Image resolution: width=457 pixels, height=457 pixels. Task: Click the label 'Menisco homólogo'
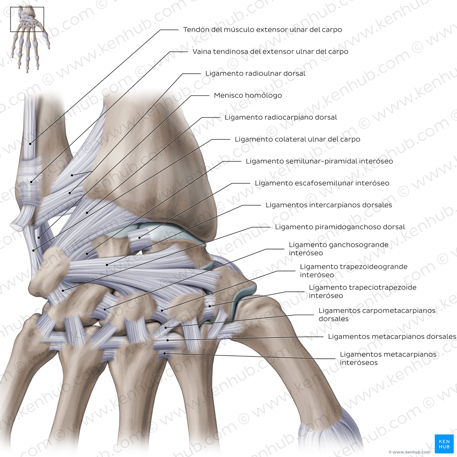pyautogui.click(x=247, y=95)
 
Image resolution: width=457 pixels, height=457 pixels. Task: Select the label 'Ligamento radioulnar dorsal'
pyautogui.click(x=255, y=73)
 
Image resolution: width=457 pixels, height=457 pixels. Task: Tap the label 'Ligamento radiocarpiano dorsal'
pyautogui.click(x=280, y=118)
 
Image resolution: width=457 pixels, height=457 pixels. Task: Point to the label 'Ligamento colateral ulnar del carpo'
pyautogui.click(x=297, y=139)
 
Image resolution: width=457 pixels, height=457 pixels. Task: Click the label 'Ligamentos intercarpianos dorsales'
pyautogui.click(x=329, y=205)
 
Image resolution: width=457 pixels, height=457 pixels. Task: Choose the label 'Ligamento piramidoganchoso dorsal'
pyautogui.click(x=340, y=227)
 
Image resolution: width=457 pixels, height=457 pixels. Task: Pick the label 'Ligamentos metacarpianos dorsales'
pyautogui.click(x=392, y=337)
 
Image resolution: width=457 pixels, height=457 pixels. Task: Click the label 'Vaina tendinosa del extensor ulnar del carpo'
pyautogui.click(x=270, y=52)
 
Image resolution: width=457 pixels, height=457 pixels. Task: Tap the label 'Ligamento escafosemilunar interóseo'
pyautogui.click(x=322, y=183)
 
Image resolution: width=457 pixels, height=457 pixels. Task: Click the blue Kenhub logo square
pyautogui.click(x=444, y=444)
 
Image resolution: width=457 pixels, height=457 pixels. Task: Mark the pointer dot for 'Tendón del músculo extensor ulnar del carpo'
pyautogui.click(x=30, y=144)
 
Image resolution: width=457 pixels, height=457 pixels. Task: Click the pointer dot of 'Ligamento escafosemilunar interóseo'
pyautogui.click(x=139, y=238)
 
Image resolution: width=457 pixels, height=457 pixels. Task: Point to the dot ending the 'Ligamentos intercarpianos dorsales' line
pyautogui.click(x=107, y=265)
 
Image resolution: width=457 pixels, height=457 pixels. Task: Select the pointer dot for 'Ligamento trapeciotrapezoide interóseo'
pyautogui.click(x=210, y=306)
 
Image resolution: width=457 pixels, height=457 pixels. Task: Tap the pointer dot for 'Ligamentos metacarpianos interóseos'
pyautogui.click(x=165, y=354)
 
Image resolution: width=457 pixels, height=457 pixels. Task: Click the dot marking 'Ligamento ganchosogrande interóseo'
pyautogui.click(x=104, y=309)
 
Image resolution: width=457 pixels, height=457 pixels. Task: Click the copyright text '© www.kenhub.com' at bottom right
pyautogui.click(x=410, y=452)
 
